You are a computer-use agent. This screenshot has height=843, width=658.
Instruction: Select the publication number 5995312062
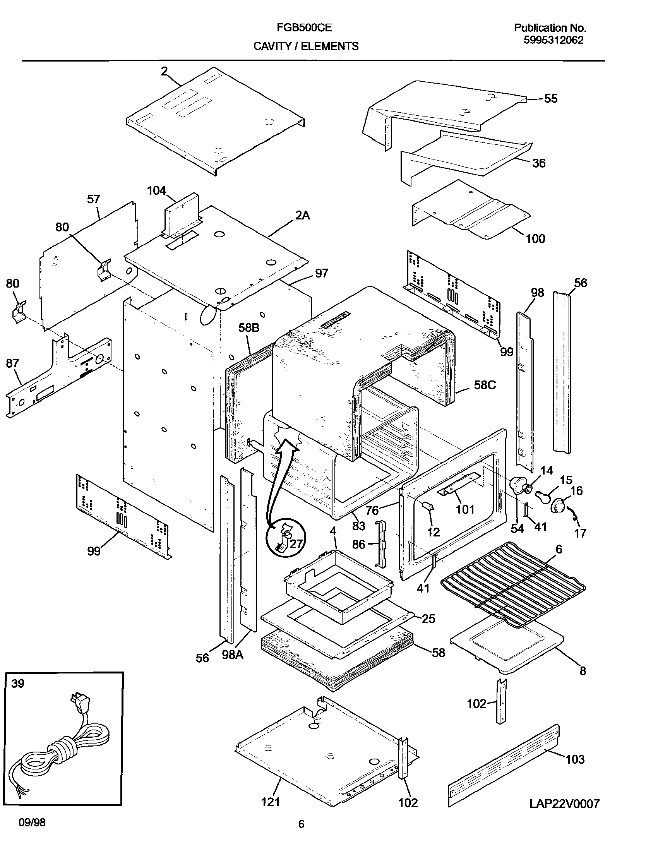(553, 40)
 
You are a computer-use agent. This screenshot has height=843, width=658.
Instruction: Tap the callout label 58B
(249, 328)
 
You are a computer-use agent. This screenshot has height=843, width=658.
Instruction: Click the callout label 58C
(485, 385)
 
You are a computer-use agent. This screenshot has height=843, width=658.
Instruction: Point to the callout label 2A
(302, 216)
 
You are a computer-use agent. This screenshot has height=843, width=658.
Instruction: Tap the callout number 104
(156, 190)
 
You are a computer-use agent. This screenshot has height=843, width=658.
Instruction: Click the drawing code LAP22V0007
(564, 804)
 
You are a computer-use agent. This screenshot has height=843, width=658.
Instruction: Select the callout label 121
(270, 802)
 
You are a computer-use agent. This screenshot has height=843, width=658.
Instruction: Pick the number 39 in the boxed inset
(18, 684)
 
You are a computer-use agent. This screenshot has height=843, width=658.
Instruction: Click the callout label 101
(465, 509)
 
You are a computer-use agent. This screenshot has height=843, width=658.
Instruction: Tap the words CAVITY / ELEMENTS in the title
(306, 46)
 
